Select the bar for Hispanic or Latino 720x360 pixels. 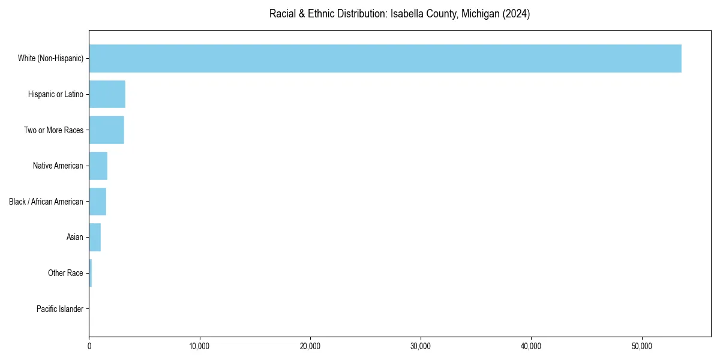point(107,94)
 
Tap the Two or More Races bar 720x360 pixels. point(106,130)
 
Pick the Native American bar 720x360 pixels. point(98,166)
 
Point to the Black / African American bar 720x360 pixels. point(97,202)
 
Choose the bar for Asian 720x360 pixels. point(95,238)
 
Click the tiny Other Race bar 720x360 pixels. point(91,273)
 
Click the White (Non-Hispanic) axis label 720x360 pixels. point(50,58)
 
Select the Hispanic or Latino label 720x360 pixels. point(56,94)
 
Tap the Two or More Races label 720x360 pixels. point(53,130)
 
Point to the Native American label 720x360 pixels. point(58,166)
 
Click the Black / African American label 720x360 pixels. point(46,202)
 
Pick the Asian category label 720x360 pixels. point(75,238)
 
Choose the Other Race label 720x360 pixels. point(65,273)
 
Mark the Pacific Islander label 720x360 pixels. point(60,309)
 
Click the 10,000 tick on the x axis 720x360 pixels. point(199,346)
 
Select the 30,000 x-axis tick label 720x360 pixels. point(421,346)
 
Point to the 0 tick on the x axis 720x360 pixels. point(89,346)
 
